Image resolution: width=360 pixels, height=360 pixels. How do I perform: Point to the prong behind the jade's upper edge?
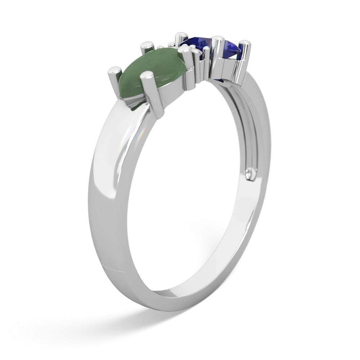(147, 46)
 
